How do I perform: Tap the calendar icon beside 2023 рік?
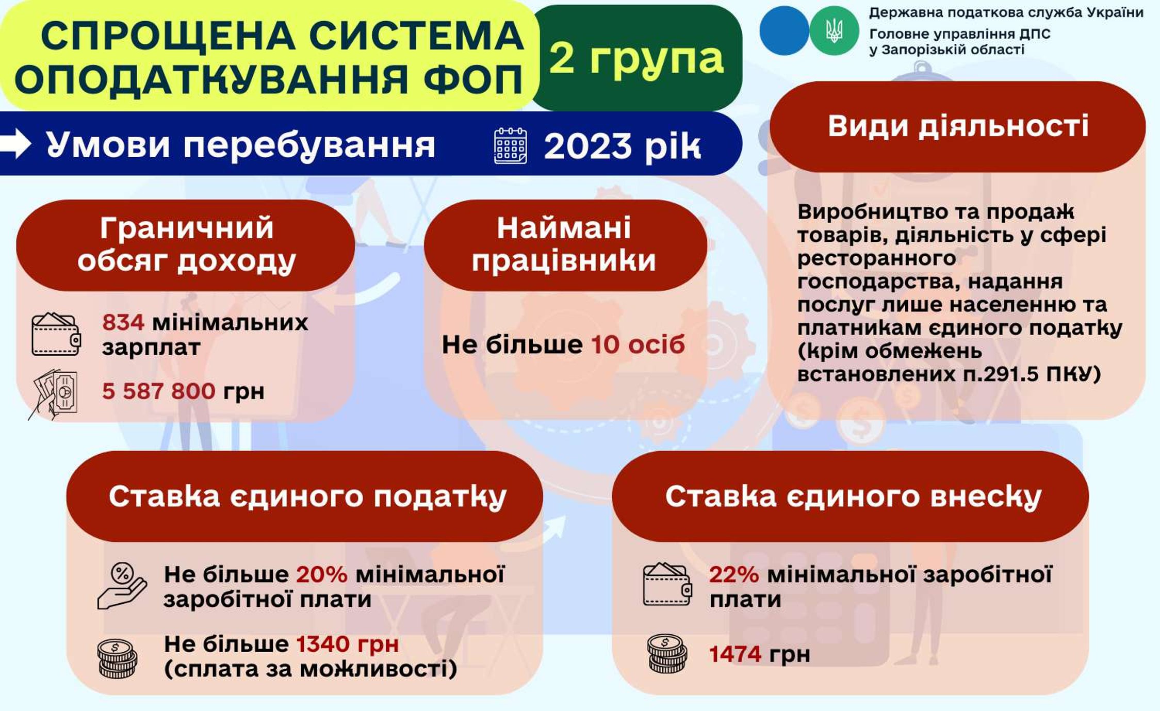(x=510, y=146)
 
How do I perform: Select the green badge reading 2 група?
(x=636, y=58)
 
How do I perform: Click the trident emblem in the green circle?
(x=834, y=31)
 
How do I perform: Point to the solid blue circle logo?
(x=784, y=31)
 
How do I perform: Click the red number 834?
(x=123, y=323)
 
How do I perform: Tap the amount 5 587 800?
(x=158, y=391)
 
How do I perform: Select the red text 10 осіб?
(x=638, y=344)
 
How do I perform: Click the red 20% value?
(x=321, y=574)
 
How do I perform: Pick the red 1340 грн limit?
(x=347, y=644)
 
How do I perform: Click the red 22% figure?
(x=733, y=574)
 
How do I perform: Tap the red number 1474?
(x=734, y=654)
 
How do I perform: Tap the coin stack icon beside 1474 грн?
(x=667, y=654)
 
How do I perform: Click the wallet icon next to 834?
(x=56, y=335)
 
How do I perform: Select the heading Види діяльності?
(x=958, y=126)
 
